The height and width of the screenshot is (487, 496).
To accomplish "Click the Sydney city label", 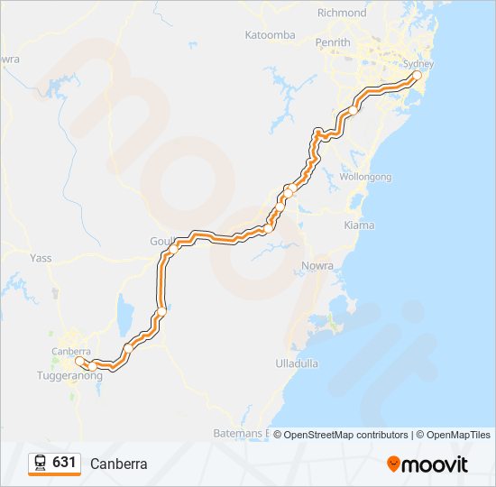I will pyautogui.click(x=418, y=64).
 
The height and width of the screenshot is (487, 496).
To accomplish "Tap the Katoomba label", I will pyautogui.click(x=270, y=35).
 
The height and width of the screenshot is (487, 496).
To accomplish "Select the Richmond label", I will pyautogui.click(x=342, y=13).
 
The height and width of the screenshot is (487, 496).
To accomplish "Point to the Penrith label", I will pyautogui.click(x=332, y=42).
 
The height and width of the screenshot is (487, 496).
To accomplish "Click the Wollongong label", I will pyautogui.click(x=365, y=177).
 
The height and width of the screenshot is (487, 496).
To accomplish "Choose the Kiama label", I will pyautogui.click(x=358, y=224).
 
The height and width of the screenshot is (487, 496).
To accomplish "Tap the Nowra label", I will pyautogui.click(x=318, y=266).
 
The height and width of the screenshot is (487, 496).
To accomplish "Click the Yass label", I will pyautogui.click(x=41, y=258).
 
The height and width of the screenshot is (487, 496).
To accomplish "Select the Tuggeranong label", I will pyautogui.click(x=69, y=376).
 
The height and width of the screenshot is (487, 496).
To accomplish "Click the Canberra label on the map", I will pyautogui.click(x=71, y=351).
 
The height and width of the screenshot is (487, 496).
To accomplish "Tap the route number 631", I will pyautogui.click(x=64, y=463).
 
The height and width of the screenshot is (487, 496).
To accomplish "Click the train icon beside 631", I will pyautogui.click(x=41, y=463).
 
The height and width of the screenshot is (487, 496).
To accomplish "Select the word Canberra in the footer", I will pyautogui.click(x=118, y=464).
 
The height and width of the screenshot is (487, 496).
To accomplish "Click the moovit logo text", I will pyautogui.click(x=436, y=464).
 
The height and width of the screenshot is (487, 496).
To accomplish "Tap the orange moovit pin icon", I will pyautogui.click(x=393, y=464).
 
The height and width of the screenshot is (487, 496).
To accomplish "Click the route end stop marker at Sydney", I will pyautogui.click(x=416, y=77).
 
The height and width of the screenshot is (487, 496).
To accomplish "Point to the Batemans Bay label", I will pyautogui.click(x=243, y=434).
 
